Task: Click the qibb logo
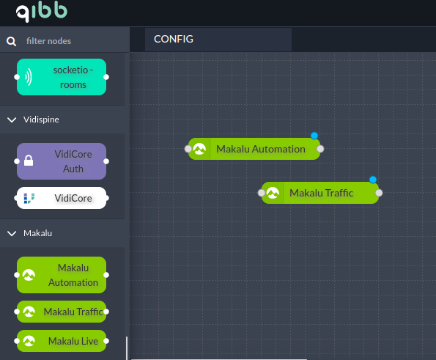[x=42, y=12]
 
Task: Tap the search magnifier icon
[x=12, y=42]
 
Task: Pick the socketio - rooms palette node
[x=62, y=77]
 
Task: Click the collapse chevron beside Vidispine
[x=12, y=120]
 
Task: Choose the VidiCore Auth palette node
[x=62, y=161]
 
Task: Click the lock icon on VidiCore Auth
[x=29, y=161]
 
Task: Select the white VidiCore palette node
[x=62, y=198]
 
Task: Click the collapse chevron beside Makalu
[x=12, y=233]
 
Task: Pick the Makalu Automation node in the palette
[x=62, y=275]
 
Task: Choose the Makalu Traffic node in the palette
[x=62, y=312]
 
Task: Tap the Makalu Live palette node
[x=62, y=341]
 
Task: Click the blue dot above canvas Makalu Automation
[x=314, y=136]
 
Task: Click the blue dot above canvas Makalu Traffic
[x=373, y=180]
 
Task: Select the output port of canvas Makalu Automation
[x=320, y=149]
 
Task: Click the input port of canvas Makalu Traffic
[x=262, y=193]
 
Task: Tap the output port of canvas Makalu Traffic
[x=379, y=193]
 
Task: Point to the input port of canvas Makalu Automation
[x=188, y=149]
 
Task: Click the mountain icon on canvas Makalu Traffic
[x=273, y=193]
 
